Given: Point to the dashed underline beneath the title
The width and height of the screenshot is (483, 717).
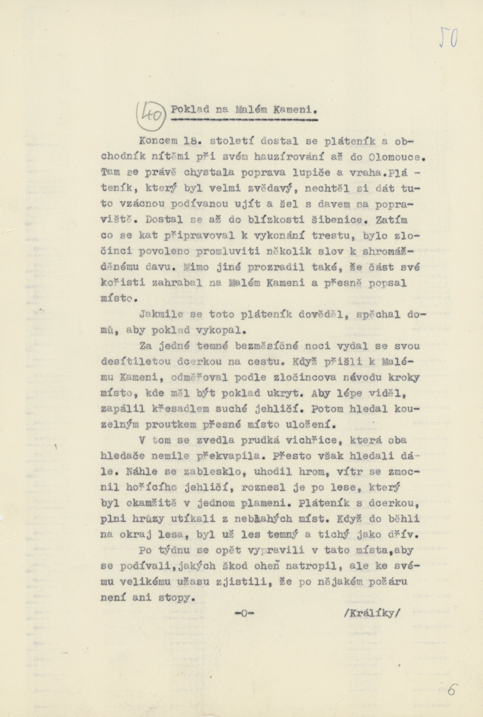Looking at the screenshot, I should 244,120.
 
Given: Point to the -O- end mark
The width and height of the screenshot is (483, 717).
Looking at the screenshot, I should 244,613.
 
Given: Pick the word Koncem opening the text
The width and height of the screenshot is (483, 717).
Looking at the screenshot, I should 157,141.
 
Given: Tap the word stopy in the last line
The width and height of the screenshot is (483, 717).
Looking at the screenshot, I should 178,598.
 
